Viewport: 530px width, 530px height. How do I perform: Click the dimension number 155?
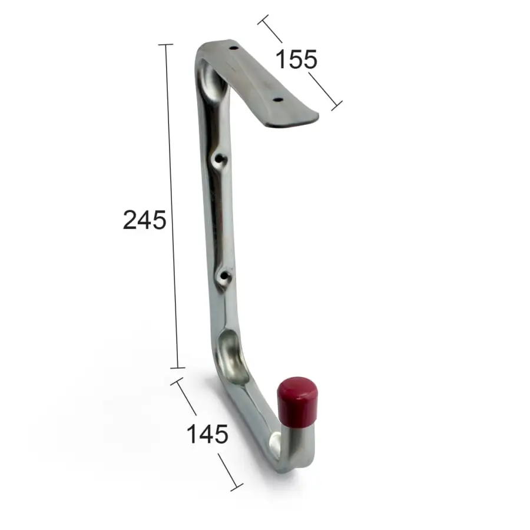(x=296, y=59)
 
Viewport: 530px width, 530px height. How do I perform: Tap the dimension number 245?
(x=144, y=220)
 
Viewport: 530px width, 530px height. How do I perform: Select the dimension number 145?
(x=207, y=434)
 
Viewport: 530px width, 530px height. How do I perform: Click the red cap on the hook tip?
(x=297, y=403)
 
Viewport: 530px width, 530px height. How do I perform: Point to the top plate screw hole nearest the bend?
(x=233, y=48)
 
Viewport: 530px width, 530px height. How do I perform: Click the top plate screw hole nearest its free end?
(x=278, y=100)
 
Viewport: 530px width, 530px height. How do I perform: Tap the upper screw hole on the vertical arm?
(x=220, y=158)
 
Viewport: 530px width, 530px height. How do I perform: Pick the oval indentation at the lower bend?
(x=232, y=356)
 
